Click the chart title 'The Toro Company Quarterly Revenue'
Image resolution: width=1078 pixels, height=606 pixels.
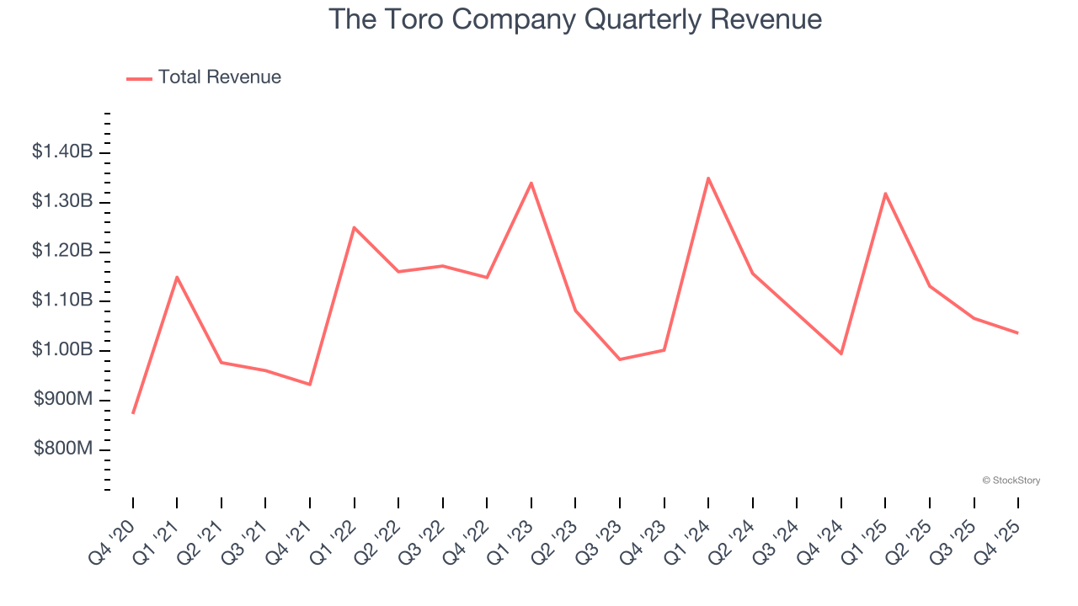(574, 19)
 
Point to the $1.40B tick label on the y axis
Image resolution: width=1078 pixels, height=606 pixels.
(62, 152)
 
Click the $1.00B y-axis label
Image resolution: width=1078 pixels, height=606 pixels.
(62, 350)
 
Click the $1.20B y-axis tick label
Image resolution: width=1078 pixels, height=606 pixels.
(62, 251)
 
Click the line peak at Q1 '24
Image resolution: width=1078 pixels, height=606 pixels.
(708, 178)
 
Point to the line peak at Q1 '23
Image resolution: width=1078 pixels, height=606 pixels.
(531, 183)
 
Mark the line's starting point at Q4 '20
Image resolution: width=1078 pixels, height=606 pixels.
(133, 413)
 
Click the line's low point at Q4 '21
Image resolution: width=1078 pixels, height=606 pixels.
(310, 385)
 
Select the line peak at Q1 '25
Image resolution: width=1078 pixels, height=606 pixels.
(885, 194)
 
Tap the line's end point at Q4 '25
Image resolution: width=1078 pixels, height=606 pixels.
(1018, 333)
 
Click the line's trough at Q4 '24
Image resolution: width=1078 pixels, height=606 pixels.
(841, 353)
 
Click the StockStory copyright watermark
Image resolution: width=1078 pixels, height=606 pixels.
(1011, 481)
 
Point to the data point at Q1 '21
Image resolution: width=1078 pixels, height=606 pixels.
(177, 277)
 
